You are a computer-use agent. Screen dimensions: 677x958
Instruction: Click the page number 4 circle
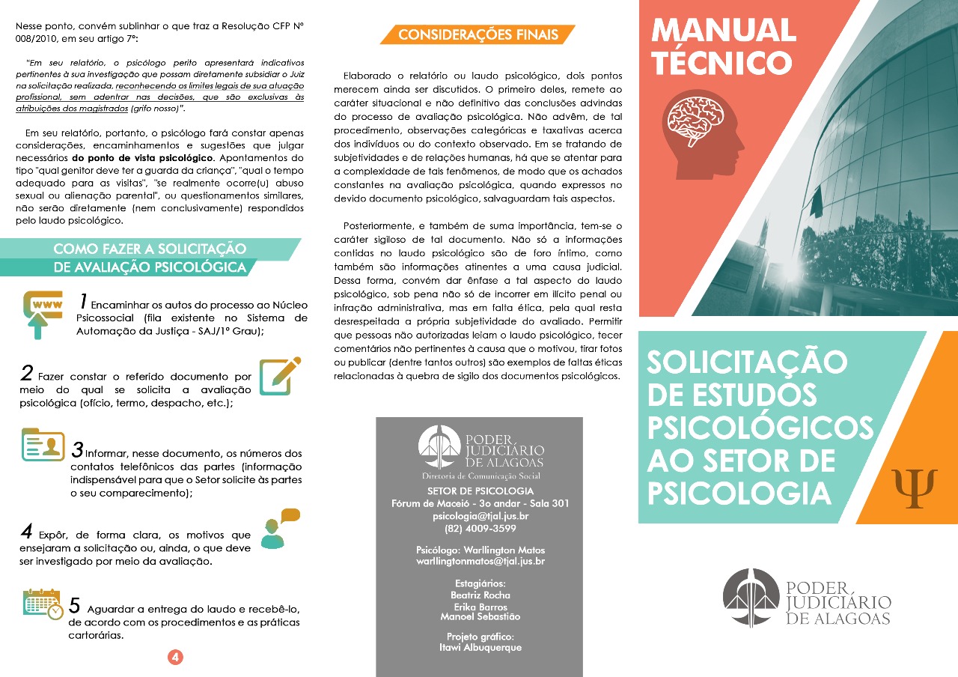[175, 657]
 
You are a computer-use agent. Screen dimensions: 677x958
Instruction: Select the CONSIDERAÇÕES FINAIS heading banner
[478, 34]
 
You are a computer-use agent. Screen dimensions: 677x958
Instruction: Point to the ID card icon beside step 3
[43, 445]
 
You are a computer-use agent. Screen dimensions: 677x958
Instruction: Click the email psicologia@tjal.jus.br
[480, 517]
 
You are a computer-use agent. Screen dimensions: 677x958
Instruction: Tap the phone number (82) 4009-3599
[480, 528]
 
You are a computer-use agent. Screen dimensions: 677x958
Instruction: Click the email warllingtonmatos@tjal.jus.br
[480, 561]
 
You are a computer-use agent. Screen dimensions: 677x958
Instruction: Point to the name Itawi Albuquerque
[480, 648]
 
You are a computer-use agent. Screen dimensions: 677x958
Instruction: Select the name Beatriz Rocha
[480, 595]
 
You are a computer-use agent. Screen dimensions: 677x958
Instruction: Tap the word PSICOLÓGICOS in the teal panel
[760, 428]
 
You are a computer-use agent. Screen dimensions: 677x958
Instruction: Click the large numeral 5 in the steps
[75, 605]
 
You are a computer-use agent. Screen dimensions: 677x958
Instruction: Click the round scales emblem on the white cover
[751, 597]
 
